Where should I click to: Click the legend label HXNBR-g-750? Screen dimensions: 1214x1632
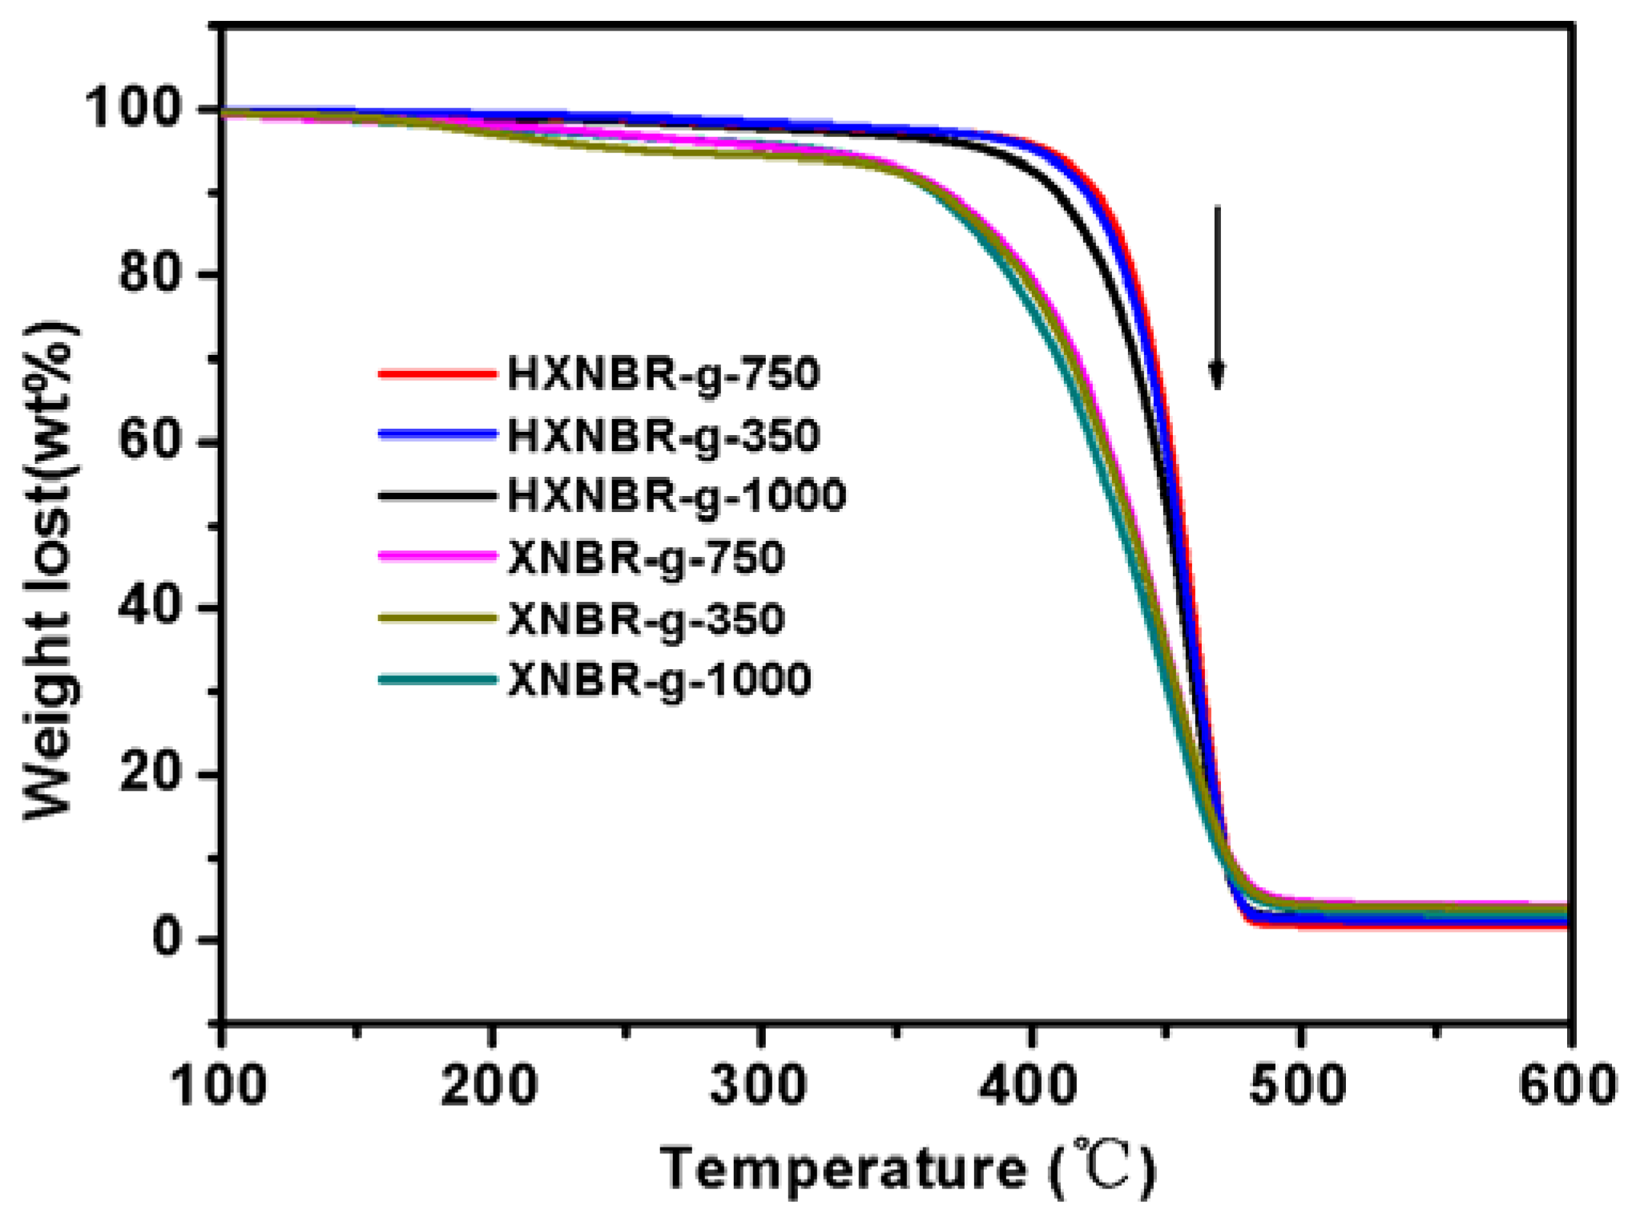coord(663,373)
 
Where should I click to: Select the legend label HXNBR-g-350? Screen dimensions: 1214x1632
coord(663,435)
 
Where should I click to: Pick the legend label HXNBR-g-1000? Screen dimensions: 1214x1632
coord(677,495)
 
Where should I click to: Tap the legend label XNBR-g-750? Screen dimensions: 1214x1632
coord(646,558)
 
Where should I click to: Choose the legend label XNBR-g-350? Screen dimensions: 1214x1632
coord(646,619)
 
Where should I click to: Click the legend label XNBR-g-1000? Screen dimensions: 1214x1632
coord(659,680)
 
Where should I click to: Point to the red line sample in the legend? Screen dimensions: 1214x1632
coord(437,373)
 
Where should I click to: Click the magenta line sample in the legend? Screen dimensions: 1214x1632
coord(437,556)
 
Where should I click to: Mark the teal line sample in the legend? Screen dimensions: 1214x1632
coord(437,680)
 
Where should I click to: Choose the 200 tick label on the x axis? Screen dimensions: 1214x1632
coord(489,1086)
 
